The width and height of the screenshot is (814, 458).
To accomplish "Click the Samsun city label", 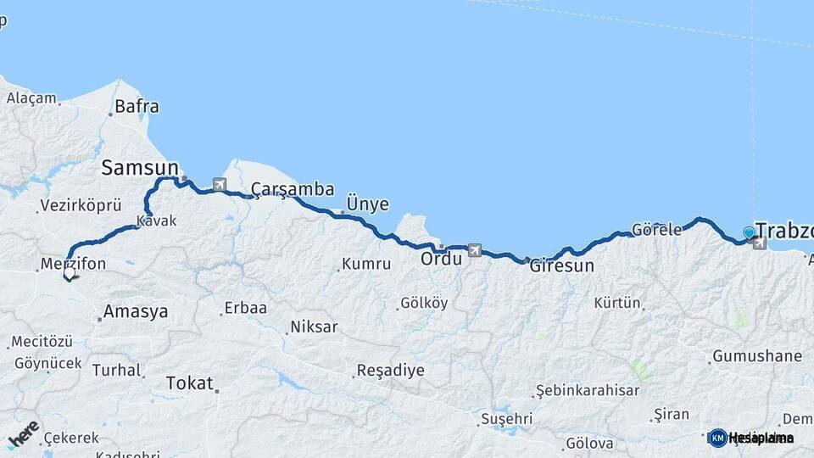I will [x=140, y=168].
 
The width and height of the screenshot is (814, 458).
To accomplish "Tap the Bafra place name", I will [x=137, y=107].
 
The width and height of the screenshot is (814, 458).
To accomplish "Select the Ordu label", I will [x=441, y=259].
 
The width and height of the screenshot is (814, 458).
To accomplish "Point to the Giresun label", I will [x=561, y=265].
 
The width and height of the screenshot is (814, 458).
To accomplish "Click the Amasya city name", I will [x=135, y=311].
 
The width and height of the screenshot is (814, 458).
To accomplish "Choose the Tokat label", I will [x=189, y=383].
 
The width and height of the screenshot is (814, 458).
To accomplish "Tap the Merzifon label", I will [x=73, y=264].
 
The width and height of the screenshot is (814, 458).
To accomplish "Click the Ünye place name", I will [x=368, y=204].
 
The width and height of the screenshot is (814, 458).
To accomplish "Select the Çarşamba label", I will [x=292, y=189].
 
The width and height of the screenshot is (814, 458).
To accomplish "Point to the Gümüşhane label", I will [x=756, y=356].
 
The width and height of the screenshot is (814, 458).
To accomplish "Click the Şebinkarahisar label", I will [x=586, y=391].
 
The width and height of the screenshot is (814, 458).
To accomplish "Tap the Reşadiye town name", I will [x=390, y=370].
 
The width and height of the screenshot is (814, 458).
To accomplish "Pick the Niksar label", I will [x=314, y=327].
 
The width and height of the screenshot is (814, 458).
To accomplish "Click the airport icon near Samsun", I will [x=220, y=184].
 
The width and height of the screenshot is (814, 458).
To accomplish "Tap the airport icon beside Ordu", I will [x=473, y=250].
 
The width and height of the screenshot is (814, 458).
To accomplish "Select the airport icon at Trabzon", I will [x=759, y=244].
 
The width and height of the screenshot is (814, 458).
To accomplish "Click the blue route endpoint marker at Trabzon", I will [x=749, y=232].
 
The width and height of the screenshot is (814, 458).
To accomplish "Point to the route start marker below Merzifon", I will [x=70, y=274].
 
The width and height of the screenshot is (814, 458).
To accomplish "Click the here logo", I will [x=22, y=434].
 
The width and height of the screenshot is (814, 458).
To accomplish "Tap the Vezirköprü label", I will [x=81, y=206].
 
